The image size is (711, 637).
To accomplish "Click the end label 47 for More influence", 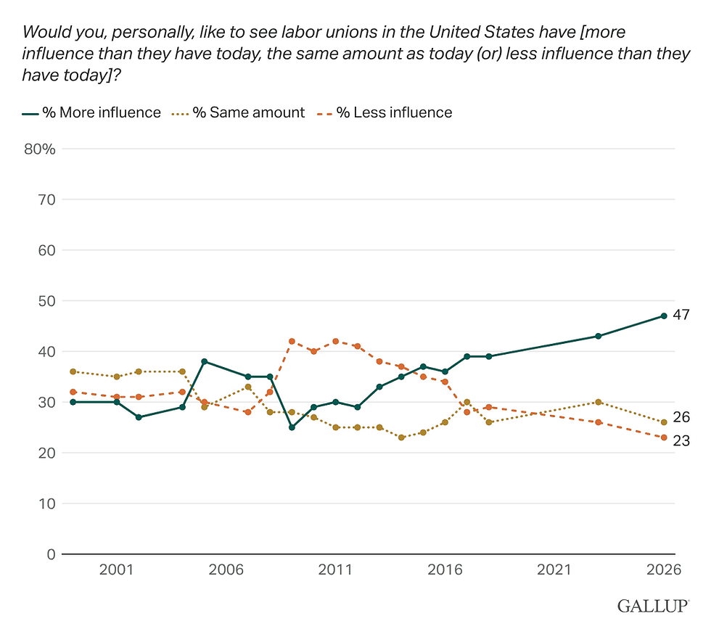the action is point(681,315).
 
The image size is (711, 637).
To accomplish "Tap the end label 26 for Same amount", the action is point(681,417).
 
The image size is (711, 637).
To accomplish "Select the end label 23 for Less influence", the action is point(681,440).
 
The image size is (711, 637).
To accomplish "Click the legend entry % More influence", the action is point(91,112).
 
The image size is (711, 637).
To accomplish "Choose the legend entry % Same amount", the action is point(238,112).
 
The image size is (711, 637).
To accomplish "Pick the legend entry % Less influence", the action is point(385,112).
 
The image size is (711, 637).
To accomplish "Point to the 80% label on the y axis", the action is point(40,149).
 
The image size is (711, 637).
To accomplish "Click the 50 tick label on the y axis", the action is point(46,301).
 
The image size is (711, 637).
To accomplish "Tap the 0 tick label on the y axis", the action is point(51,554).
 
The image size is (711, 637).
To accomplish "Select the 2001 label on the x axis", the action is point(117,570).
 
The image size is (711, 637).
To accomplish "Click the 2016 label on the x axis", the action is point(445,570).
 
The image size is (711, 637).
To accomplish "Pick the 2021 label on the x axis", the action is point(554,570).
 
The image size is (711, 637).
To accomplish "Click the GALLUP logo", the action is point(654,606).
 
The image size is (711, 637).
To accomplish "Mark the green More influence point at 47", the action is point(664,316).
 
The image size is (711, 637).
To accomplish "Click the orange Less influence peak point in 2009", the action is point(292,342).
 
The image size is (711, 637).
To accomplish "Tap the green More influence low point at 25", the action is point(292,427).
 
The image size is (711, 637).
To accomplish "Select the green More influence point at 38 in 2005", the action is point(205,362).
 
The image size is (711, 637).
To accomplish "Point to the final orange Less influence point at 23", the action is point(664,437).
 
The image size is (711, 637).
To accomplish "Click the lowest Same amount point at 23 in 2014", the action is point(401,437).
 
